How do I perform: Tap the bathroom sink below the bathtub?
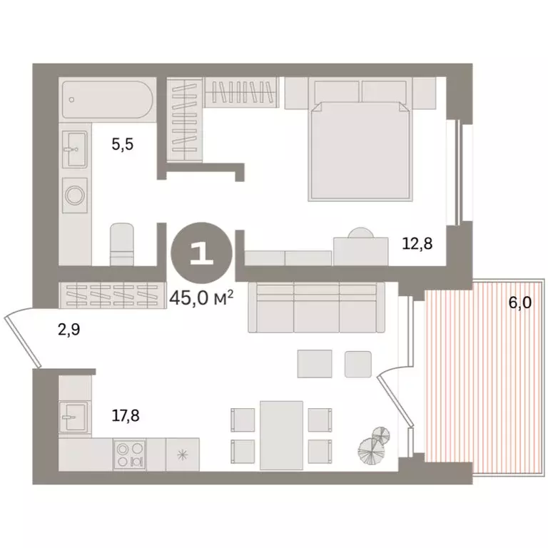[x=73, y=148]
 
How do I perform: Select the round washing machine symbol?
[x=74, y=193]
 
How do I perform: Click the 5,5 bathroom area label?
[x=123, y=145]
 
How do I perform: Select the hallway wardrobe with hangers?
[x=107, y=293]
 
